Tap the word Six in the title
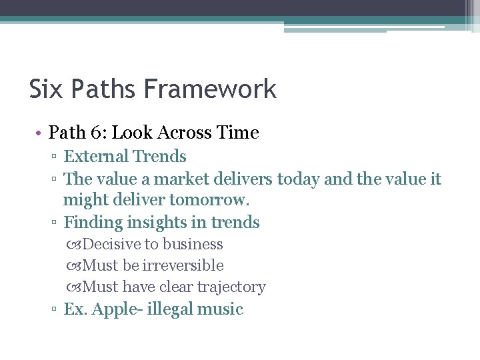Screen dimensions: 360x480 pyautogui.click(x=44, y=89)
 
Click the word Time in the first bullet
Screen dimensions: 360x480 pyautogui.click(x=237, y=133)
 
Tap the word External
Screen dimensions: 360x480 pyautogui.click(x=96, y=157)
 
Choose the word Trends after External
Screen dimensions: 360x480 pyautogui.click(x=160, y=157)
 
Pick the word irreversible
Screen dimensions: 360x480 pyautogui.click(x=183, y=266)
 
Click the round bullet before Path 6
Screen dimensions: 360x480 pyautogui.click(x=40, y=133)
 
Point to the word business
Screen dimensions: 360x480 pyautogui.click(x=193, y=245)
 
